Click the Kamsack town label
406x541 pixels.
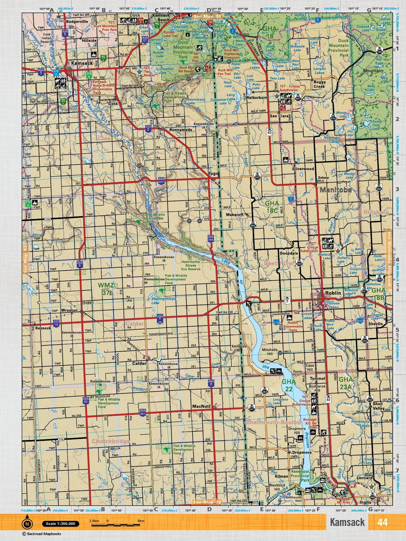pos(82,63)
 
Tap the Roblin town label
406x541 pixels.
pos(333,293)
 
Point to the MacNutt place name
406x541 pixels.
pos(201,407)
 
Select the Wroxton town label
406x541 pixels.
pos(69,310)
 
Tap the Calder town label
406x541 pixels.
pos(139,363)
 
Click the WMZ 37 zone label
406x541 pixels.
pos(106,289)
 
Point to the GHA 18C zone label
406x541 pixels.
pos(271,206)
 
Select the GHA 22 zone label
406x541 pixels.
pos(289,385)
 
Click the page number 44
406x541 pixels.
pos(382,522)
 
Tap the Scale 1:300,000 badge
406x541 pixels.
pos(61,524)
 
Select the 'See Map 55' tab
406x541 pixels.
pos(207,16)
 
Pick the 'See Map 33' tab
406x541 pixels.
pos(207,502)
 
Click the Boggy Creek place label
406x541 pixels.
pos(319,84)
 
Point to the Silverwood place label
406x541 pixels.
pos(303,169)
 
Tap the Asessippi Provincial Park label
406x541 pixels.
pos(300,475)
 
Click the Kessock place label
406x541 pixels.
pos(43,328)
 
